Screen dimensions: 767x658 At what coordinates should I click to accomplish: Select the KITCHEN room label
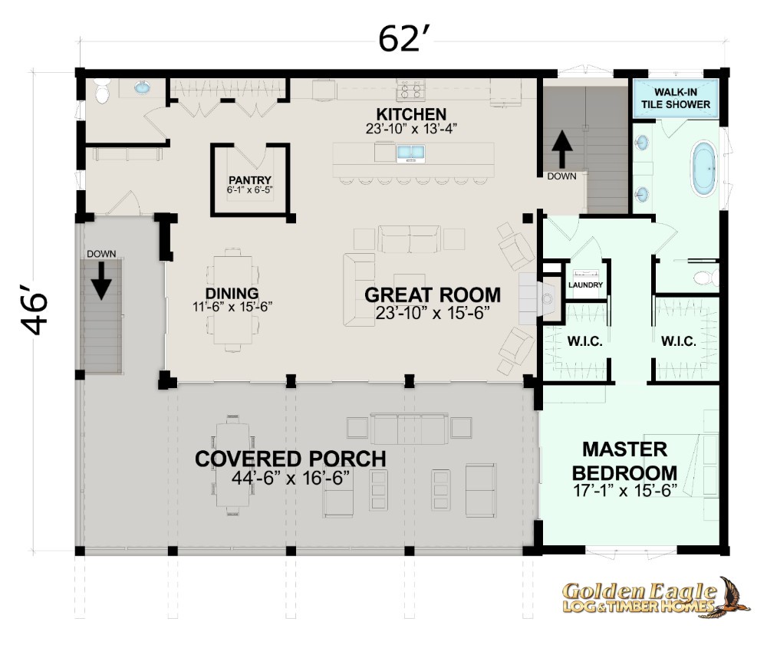tap(411, 114)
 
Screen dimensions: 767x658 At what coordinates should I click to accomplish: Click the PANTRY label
tap(249, 180)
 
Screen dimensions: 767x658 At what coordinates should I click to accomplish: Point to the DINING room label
tap(232, 294)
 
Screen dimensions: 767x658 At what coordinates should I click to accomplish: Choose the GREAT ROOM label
tap(433, 295)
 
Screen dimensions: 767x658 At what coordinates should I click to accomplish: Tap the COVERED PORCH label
tap(291, 459)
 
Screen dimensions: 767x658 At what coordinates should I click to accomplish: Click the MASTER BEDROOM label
tap(624, 461)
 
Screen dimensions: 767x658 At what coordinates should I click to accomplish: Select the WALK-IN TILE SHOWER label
tap(676, 98)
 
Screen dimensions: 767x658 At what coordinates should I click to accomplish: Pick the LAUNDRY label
tap(585, 285)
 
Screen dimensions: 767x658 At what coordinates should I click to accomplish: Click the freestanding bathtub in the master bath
tap(704, 169)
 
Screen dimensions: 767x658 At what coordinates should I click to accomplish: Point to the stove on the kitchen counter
tap(411, 89)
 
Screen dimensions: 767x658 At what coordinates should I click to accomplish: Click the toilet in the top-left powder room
tap(102, 91)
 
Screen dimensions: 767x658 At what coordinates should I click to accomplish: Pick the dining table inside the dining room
tap(232, 300)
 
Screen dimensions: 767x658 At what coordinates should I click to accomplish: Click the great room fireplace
tap(539, 298)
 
